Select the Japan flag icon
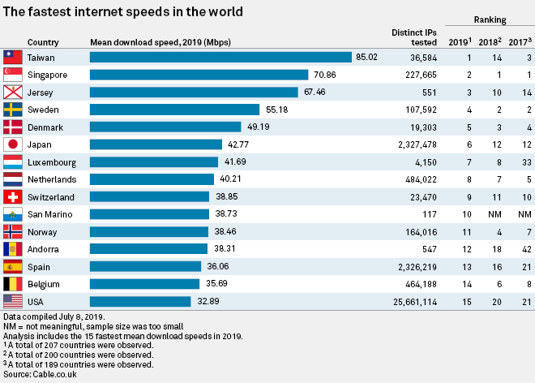click(13, 144)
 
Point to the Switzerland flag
click(13, 197)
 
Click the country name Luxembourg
click(52, 162)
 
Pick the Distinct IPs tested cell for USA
click(413, 301)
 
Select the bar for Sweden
click(174, 110)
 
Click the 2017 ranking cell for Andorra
click(527, 249)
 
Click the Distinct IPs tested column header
click(413, 37)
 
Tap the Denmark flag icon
click(13, 127)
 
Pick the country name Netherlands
click(52, 179)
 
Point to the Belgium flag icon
click(13, 284)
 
